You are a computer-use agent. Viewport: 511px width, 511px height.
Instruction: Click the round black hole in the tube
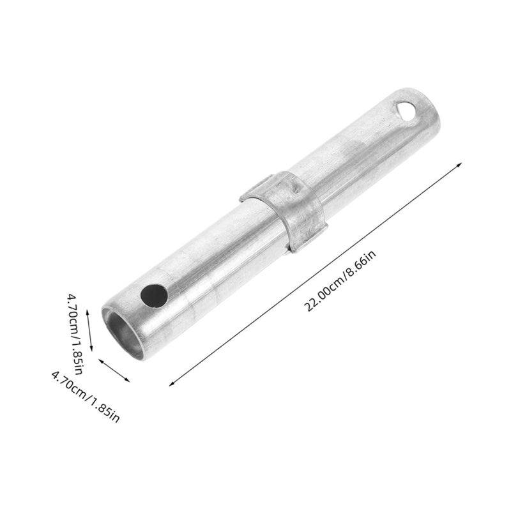coord(154,296)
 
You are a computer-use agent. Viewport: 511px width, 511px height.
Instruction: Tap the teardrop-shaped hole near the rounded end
coord(406,111)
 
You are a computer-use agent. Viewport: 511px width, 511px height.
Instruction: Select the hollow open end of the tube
coord(123,333)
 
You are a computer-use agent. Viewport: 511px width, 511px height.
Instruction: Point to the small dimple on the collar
coord(294,188)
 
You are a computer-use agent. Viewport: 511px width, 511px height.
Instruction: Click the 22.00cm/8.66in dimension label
coord(340,280)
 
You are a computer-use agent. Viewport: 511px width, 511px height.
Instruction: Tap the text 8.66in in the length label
coord(361,263)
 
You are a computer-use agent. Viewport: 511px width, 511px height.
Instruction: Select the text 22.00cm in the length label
coord(321,296)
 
